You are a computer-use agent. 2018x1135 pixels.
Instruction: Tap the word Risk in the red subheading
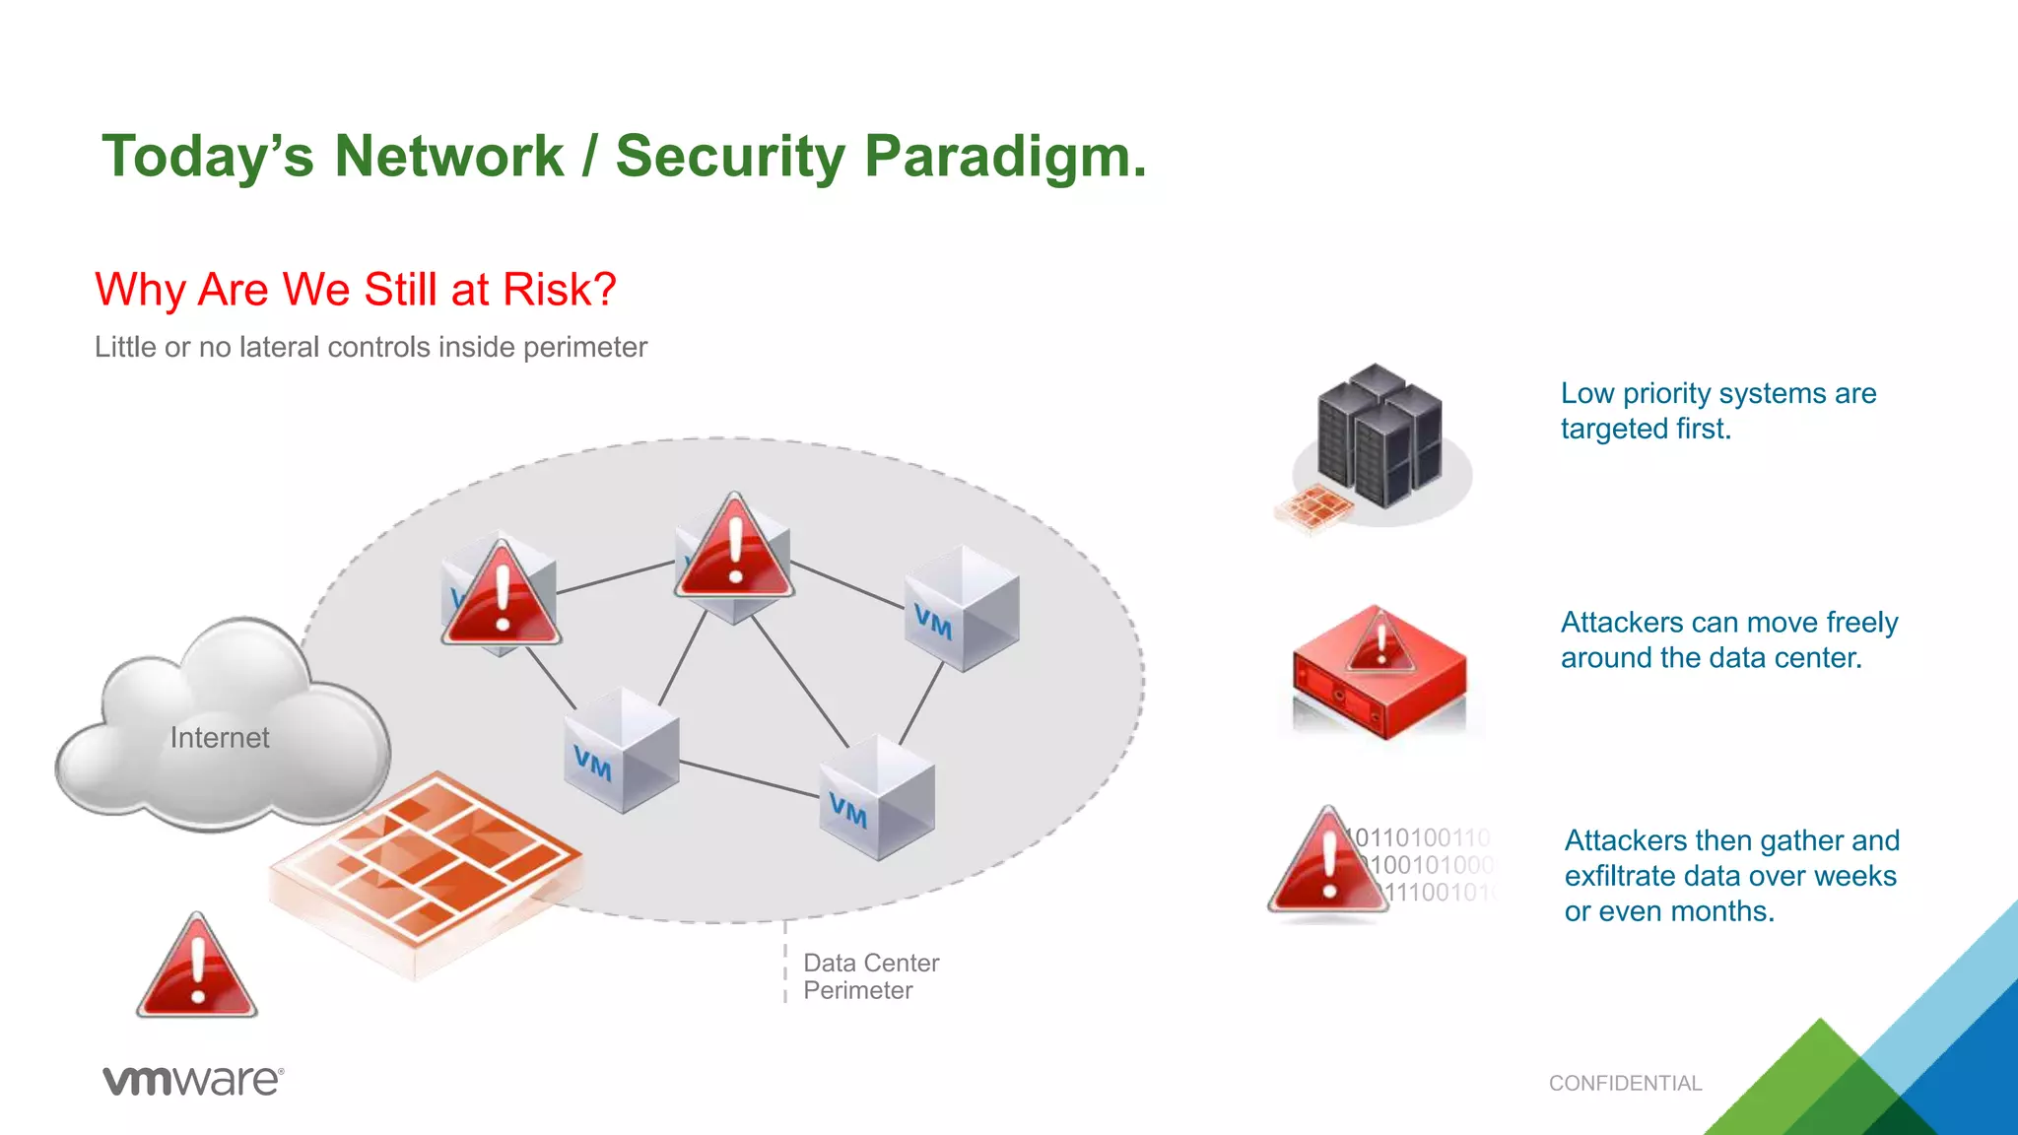(558, 291)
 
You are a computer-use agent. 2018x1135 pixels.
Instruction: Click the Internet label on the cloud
(219, 738)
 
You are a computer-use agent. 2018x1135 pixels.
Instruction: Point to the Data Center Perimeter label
(870, 976)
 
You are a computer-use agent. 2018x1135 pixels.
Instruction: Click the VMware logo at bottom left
(193, 1080)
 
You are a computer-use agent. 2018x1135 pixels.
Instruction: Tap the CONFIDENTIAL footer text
(1625, 1084)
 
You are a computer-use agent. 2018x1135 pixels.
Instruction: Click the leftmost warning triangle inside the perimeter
(502, 597)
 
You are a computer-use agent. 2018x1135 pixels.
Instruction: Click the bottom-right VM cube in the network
(876, 798)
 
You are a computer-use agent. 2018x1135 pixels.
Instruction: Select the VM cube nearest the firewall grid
(621, 751)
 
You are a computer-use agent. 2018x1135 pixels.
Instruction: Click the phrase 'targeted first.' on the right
(1646, 430)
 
